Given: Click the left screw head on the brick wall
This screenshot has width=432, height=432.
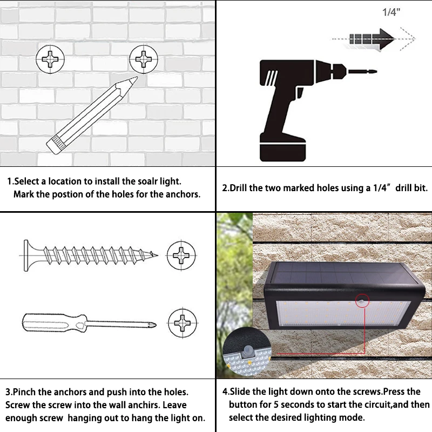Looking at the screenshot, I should point(50,60).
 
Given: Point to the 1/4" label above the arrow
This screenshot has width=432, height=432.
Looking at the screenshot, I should point(390,13).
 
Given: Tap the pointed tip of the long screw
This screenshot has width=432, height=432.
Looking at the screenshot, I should point(157,255).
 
